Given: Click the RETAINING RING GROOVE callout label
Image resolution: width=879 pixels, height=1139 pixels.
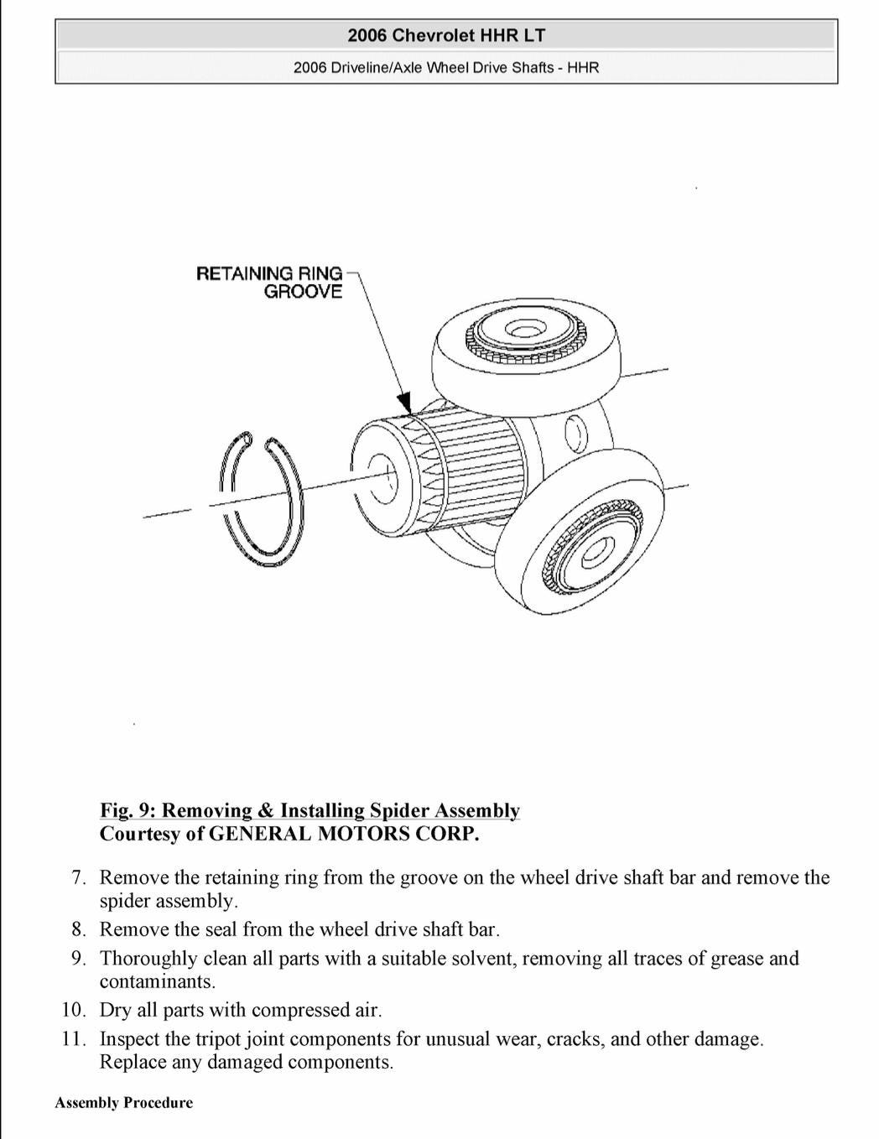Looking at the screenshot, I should click(269, 283).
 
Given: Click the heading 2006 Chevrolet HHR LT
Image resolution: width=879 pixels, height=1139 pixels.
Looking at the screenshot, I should click(446, 35).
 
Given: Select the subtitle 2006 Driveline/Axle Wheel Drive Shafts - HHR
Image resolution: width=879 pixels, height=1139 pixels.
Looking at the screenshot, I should click(446, 67).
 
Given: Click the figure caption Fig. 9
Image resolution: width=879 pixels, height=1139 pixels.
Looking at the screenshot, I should click(309, 810).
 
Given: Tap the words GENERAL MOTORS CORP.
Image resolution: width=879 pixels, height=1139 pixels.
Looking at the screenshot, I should click(344, 834).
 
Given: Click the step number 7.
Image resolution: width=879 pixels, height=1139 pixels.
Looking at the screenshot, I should click(79, 877).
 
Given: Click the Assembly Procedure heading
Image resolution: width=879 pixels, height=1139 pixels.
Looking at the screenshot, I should click(124, 1103).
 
